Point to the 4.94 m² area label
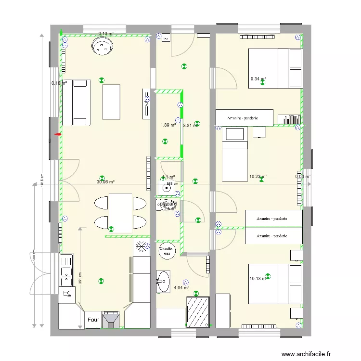pos(181,288)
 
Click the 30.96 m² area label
pos(105,182)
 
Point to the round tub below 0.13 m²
pos(102,47)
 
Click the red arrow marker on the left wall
pos(58,135)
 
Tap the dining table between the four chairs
pos(120,212)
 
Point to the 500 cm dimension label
pos(34,258)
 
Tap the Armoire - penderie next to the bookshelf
pos(244,117)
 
